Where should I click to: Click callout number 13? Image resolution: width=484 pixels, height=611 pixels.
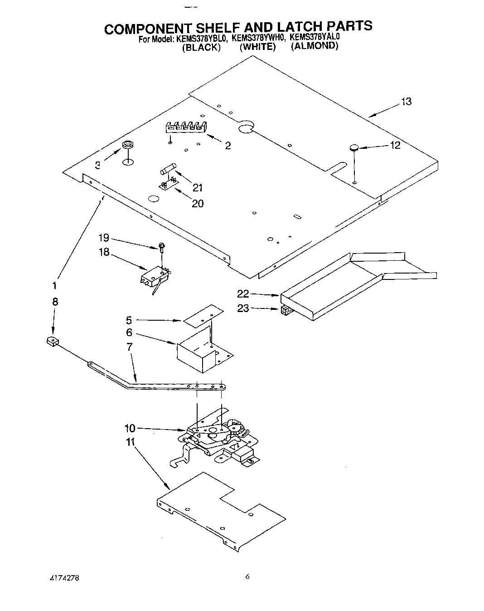click(x=406, y=102)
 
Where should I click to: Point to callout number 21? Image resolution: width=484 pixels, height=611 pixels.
click(x=197, y=187)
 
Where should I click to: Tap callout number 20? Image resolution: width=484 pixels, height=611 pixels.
click(x=198, y=203)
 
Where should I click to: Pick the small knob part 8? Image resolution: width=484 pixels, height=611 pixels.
click(x=53, y=341)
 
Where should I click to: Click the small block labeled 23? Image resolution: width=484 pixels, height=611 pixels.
click(x=286, y=311)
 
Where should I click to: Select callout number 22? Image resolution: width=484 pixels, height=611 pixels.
click(x=243, y=294)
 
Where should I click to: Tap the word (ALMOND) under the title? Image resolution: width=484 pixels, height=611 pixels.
click(x=315, y=46)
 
